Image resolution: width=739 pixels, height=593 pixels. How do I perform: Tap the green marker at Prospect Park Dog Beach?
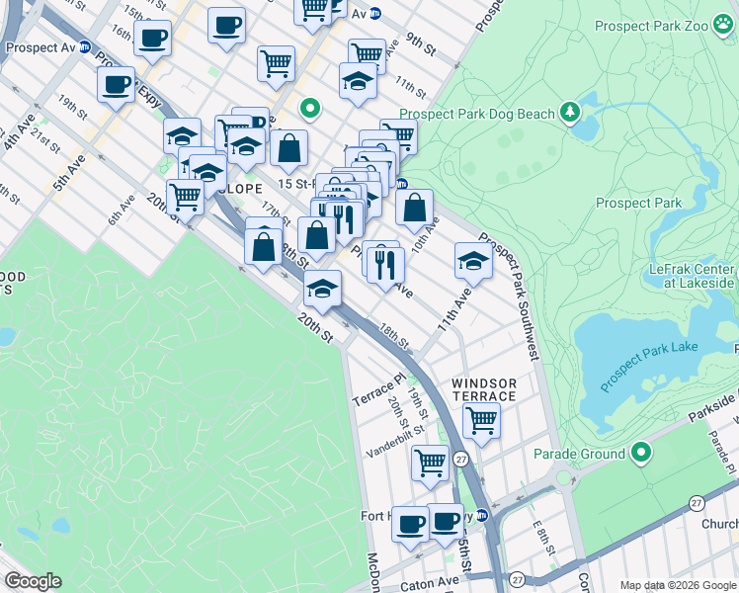569,113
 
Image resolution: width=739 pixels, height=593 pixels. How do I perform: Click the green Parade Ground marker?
641,454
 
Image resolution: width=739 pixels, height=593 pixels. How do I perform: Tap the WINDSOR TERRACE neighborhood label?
484,389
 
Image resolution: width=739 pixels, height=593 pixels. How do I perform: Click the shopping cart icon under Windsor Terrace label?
481,419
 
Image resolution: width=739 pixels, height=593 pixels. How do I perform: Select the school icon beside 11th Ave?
473,261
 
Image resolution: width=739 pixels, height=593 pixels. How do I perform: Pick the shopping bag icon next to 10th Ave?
415,208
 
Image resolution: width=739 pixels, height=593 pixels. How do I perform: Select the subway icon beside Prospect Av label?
86,46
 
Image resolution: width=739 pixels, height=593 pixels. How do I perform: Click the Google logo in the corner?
33,581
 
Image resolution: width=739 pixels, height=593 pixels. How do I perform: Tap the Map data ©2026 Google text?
677,585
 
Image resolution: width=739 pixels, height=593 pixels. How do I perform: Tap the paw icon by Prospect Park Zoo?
724,24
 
